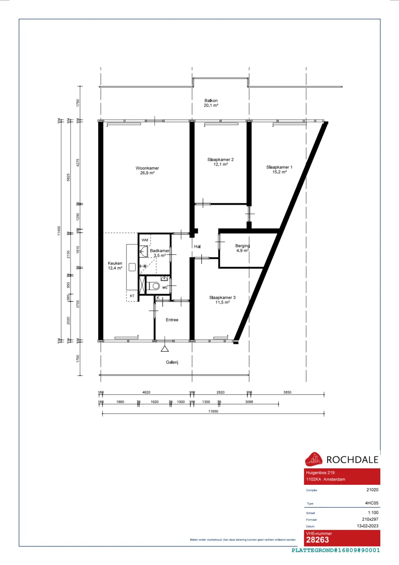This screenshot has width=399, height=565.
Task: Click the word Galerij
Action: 172,363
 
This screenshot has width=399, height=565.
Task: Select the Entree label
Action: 172,320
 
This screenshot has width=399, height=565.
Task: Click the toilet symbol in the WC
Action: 154,286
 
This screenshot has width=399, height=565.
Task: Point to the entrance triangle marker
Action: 164,349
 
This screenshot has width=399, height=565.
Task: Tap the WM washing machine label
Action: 145,240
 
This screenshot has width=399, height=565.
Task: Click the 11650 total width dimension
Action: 213,411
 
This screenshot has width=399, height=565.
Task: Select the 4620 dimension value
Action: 146,393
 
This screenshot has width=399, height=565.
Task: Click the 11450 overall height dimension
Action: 59,231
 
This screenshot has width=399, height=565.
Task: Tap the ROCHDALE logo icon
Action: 314,460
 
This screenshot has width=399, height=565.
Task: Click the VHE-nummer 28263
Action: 318,540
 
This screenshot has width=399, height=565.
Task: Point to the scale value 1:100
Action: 373,513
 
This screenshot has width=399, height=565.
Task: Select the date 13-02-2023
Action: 367,526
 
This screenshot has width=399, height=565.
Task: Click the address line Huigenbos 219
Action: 320,473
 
